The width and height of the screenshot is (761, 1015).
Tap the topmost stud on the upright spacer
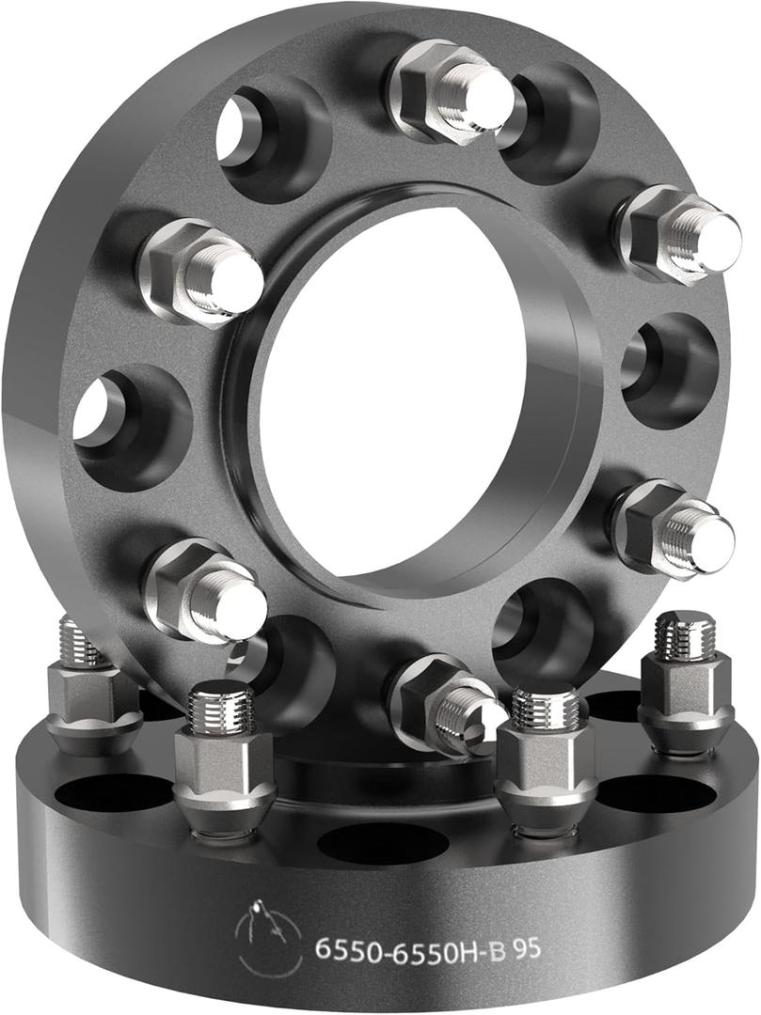[452, 91]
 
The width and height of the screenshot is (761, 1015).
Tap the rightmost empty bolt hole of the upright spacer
[670, 371]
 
